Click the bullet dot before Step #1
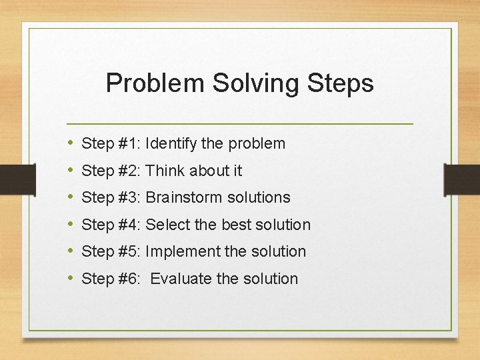click(71, 143)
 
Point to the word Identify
click(169, 143)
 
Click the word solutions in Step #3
click(259, 197)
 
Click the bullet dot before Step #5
click(71, 251)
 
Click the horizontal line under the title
click(240, 124)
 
